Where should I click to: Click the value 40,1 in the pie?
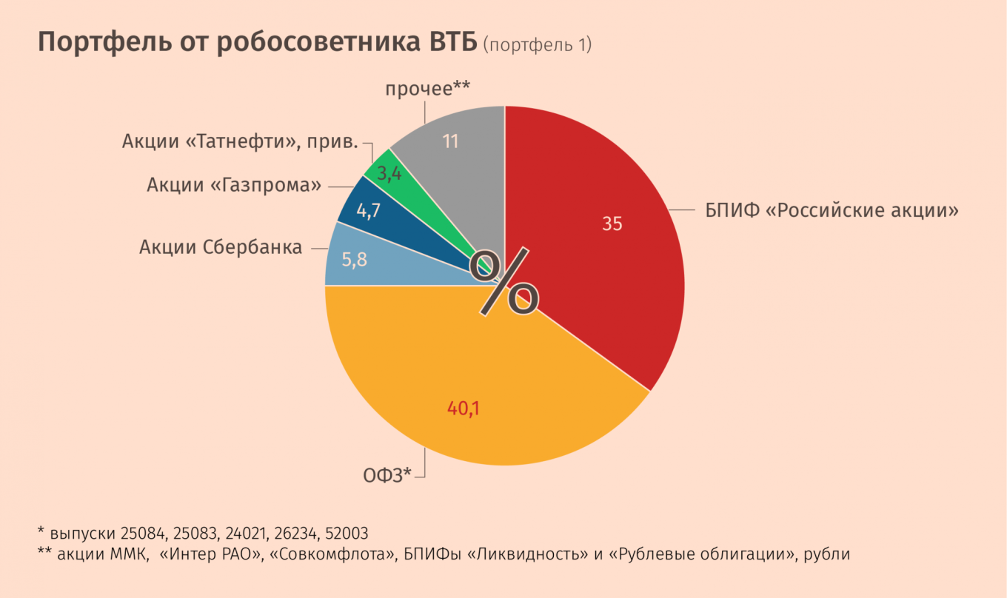click(464, 407)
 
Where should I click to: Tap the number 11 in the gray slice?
click(451, 141)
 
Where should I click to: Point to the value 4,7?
click(368, 211)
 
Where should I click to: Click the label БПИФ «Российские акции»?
click(832, 210)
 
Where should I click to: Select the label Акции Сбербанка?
click(221, 247)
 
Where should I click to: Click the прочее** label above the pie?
click(427, 90)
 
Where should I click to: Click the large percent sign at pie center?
click(508, 282)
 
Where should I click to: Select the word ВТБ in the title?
click(451, 43)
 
